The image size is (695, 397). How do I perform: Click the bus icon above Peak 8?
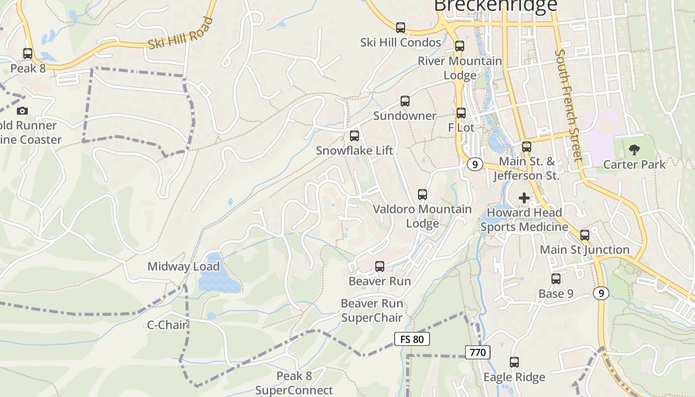(28, 53)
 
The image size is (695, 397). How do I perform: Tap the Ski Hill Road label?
(180, 34)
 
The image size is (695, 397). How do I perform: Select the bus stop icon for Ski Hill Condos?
(401, 28)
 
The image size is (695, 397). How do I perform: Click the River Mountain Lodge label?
(460, 68)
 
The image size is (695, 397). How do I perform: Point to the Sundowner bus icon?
(405, 101)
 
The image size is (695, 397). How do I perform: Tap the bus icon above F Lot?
(461, 113)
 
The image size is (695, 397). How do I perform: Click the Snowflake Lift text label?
(354, 150)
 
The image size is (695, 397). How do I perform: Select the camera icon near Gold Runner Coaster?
(22, 111)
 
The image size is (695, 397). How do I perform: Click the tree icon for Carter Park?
(634, 149)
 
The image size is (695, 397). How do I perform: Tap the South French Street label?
(568, 105)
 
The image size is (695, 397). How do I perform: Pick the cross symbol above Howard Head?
(524, 198)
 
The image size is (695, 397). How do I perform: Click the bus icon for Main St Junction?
(585, 235)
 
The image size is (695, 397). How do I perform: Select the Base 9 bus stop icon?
(556, 279)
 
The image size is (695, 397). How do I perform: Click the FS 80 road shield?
(412, 339)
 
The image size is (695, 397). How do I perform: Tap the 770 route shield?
(478, 352)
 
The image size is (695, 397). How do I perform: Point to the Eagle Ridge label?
(514, 377)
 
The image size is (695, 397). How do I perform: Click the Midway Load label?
(183, 266)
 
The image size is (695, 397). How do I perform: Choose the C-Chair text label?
(167, 325)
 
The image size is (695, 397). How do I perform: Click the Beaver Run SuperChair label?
(372, 310)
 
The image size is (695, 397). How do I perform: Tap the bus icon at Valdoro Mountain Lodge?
(422, 195)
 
